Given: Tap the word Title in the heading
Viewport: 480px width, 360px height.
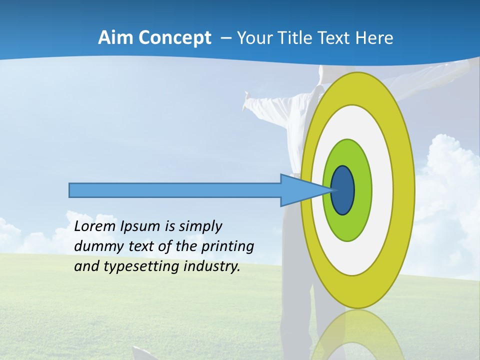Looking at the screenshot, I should pyautogui.click(x=305, y=37).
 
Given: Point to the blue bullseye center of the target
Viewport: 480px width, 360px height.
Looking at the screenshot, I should pyautogui.click(x=343, y=190).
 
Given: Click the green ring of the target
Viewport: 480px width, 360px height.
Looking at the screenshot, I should pyautogui.click(x=361, y=190).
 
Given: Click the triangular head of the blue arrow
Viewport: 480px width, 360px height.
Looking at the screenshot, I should pyautogui.click(x=300, y=190).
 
